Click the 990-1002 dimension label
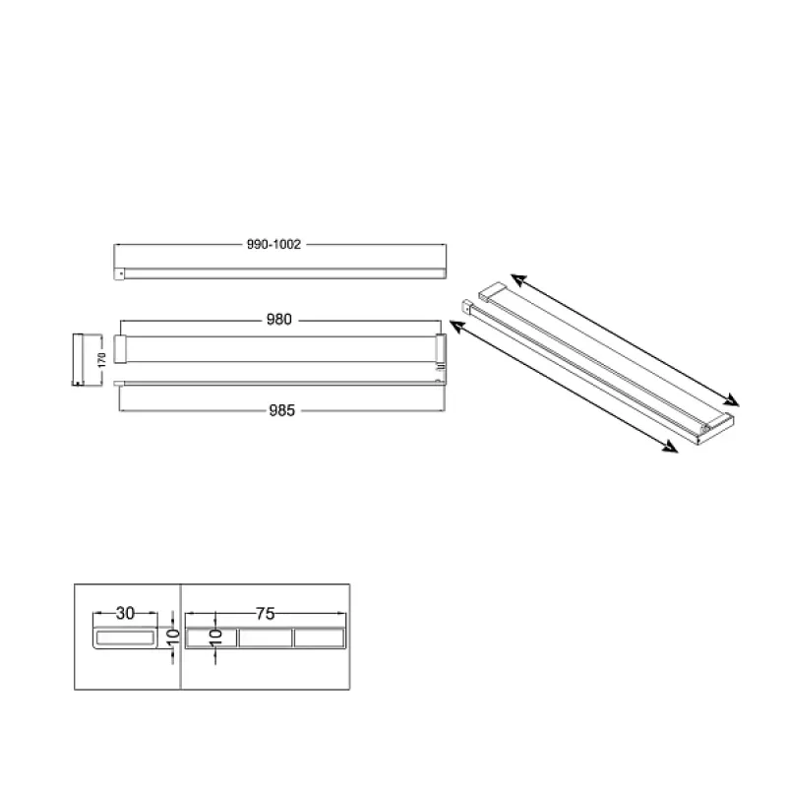[x=273, y=244]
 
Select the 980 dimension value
[x=279, y=319]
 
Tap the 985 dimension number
[x=282, y=410]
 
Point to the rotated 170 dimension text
[x=102, y=359]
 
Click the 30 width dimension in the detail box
[x=126, y=613]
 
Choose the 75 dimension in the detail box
[x=266, y=613]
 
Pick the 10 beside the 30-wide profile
[x=173, y=636]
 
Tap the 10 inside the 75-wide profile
[x=215, y=636]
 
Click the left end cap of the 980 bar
[x=119, y=348]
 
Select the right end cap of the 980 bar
[x=440, y=348]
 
